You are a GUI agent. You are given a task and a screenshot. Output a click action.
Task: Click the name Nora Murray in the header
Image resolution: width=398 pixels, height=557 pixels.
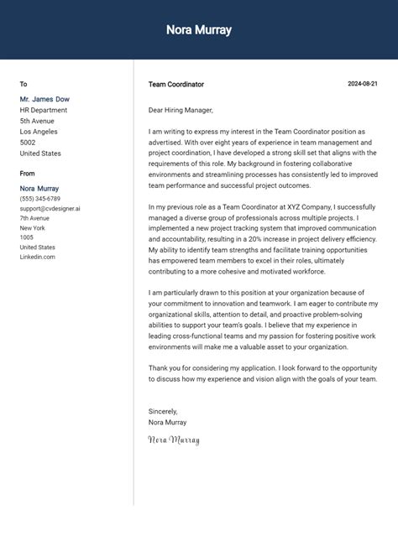[x=199, y=30]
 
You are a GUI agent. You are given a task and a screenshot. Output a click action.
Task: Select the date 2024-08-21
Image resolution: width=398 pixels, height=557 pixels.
[x=363, y=84]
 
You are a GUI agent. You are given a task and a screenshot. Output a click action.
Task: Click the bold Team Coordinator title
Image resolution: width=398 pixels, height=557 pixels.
[x=175, y=84]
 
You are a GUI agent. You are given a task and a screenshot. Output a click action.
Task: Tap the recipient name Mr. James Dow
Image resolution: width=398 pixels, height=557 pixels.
[x=45, y=99]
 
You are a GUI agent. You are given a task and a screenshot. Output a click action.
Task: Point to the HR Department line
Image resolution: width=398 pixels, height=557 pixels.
[x=44, y=110]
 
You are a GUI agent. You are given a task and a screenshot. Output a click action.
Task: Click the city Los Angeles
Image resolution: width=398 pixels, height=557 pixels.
[x=39, y=132]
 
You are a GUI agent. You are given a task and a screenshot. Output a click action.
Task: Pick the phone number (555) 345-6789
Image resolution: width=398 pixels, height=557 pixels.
[x=40, y=199]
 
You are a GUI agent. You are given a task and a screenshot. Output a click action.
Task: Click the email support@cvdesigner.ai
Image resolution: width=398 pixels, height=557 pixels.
[x=50, y=208]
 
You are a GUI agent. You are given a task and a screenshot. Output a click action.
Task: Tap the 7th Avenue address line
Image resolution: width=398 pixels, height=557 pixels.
[x=35, y=218]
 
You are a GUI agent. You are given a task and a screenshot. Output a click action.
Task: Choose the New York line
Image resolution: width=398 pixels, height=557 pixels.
[x=33, y=228]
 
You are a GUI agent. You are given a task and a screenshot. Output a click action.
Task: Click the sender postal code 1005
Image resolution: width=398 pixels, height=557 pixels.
[x=27, y=237]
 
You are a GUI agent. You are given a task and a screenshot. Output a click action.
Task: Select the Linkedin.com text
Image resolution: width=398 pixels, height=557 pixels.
[x=38, y=257]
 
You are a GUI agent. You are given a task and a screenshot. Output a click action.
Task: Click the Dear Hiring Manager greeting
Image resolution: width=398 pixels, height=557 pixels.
[x=181, y=110]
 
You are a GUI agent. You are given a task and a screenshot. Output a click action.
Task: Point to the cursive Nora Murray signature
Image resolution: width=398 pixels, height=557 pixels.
[x=174, y=440]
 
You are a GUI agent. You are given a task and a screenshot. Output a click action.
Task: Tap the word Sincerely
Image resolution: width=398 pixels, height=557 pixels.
[x=163, y=411]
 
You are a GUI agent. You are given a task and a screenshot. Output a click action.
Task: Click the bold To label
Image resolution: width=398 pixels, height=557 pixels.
[x=24, y=84]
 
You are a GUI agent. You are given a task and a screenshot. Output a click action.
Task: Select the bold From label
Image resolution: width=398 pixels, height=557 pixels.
[x=28, y=173]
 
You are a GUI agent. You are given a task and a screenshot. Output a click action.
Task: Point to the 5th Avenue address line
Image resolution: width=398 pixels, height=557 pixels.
[x=38, y=121]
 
